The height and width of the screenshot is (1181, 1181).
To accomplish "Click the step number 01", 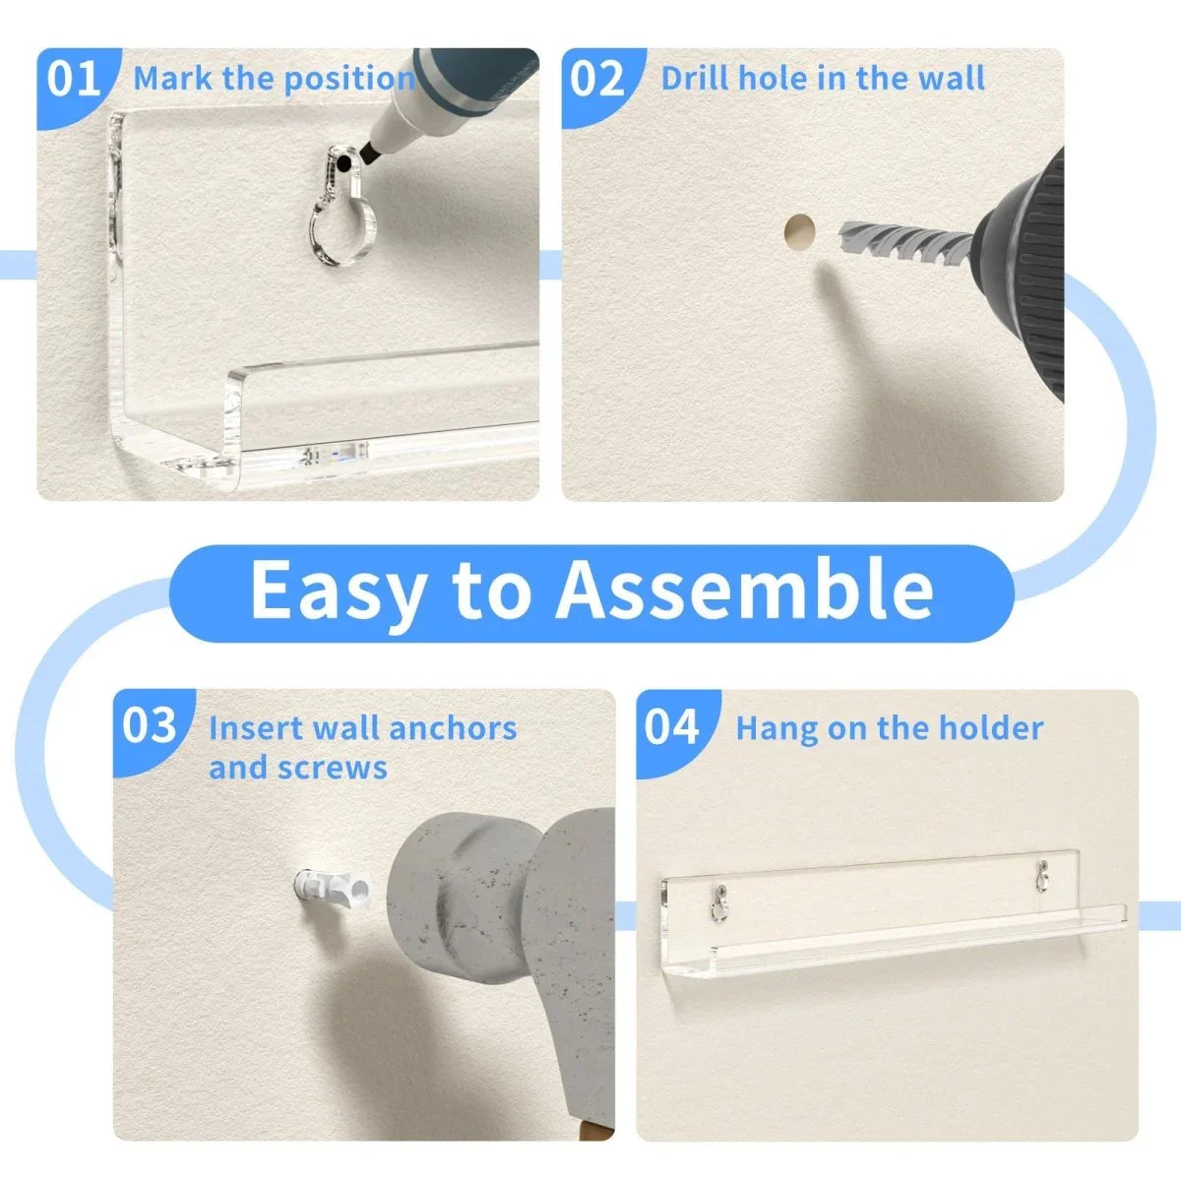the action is [74, 79].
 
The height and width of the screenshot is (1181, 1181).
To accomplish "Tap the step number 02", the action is [597, 79].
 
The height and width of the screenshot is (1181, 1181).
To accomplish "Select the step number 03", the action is [150, 725].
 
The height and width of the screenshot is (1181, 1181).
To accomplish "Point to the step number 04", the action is [672, 726].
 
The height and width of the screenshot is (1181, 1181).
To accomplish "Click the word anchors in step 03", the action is [453, 728].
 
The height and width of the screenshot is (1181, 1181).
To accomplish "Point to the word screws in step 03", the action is [333, 769].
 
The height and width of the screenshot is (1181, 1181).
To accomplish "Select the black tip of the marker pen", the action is [370, 154].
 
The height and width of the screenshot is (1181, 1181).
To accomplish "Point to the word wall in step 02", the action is [955, 78].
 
